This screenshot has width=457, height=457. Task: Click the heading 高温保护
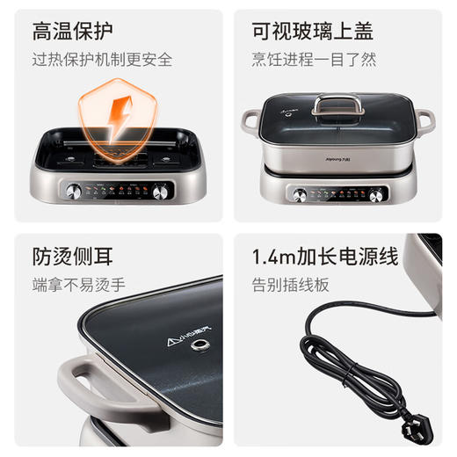[73, 33]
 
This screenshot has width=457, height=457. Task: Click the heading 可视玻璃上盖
[312, 33]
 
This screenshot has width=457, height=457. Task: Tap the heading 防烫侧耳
[73, 258]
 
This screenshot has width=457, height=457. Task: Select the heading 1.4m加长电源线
[325, 258]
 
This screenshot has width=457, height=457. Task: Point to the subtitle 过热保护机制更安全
[102, 61]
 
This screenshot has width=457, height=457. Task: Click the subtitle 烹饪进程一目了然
[314, 61]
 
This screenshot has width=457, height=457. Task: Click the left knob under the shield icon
[74, 191]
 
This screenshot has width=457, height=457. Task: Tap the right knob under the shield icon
[161, 191]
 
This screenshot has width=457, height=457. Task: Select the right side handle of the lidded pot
[425, 120]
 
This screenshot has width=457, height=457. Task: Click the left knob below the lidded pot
[300, 194]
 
